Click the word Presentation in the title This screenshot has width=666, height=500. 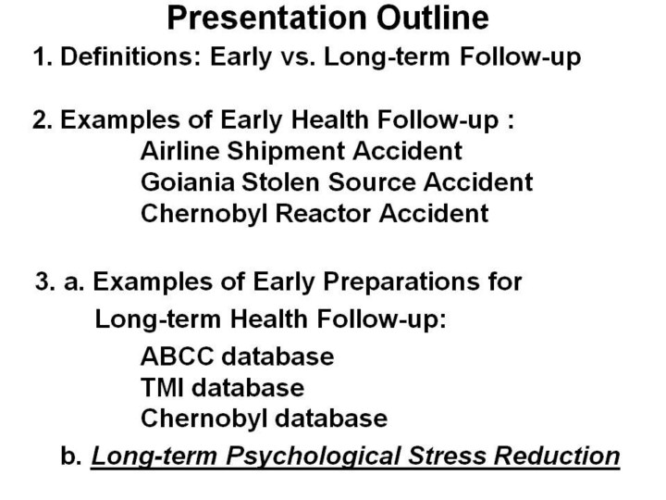tap(266, 19)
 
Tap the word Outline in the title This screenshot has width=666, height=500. tap(433, 18)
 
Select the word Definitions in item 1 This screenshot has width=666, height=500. tap(130, 56)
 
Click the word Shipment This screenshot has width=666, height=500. tap(286, 152)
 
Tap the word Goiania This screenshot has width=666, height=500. tap(188, 182)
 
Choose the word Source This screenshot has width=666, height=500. tap(372, 182)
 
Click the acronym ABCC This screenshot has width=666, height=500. tap(177, 356)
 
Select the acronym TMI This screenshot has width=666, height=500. tap(162, 387)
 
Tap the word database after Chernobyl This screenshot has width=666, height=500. tap(331, 419)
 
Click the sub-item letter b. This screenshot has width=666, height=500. tap(71, 456)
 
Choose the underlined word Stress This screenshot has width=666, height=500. tap(447, 456)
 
